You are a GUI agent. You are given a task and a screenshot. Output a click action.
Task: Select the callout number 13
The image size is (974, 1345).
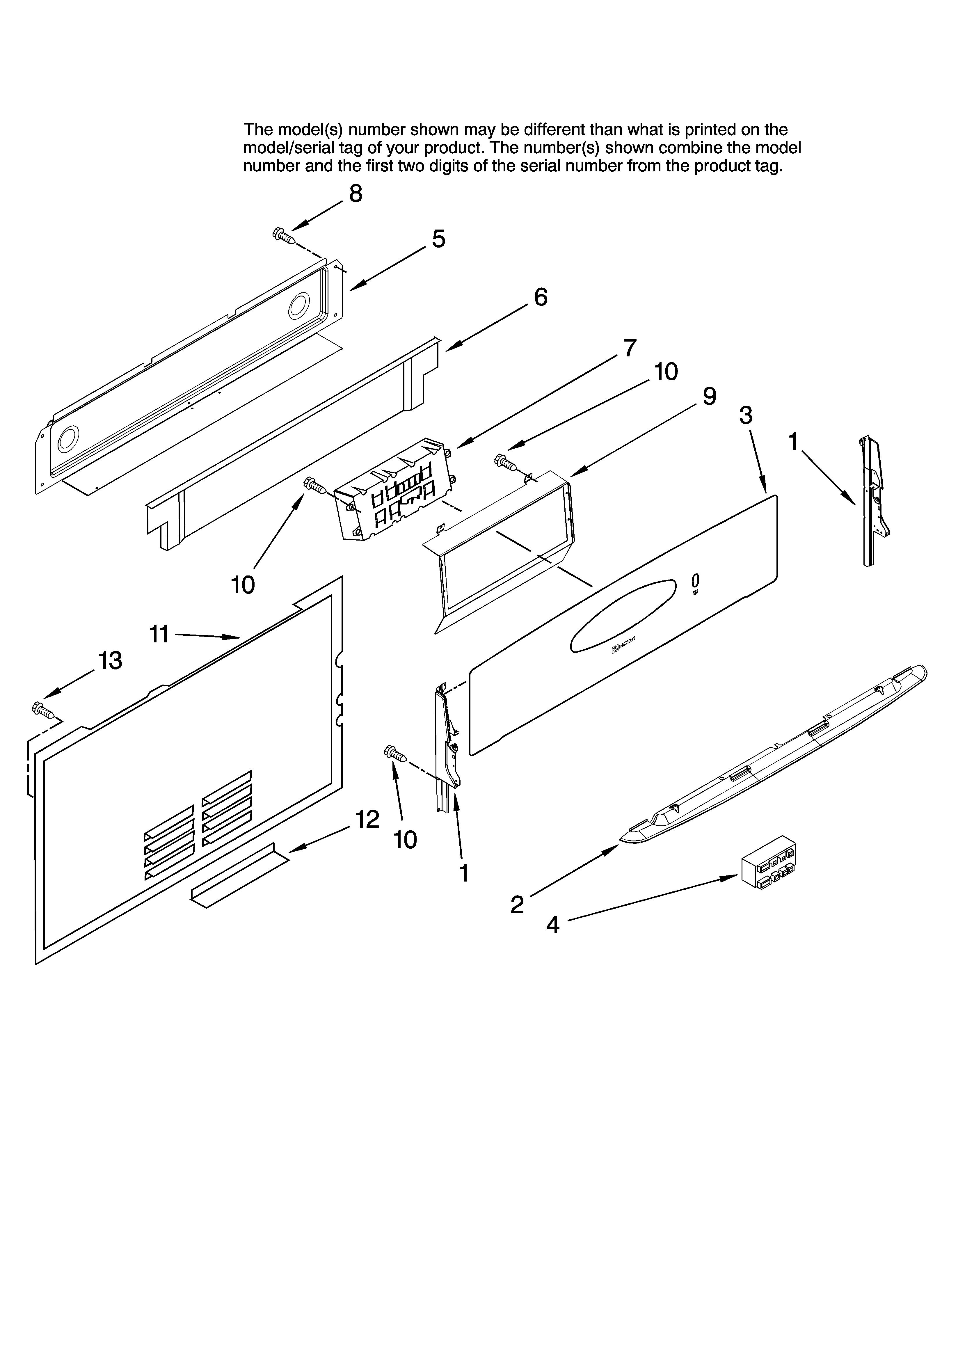110,660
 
